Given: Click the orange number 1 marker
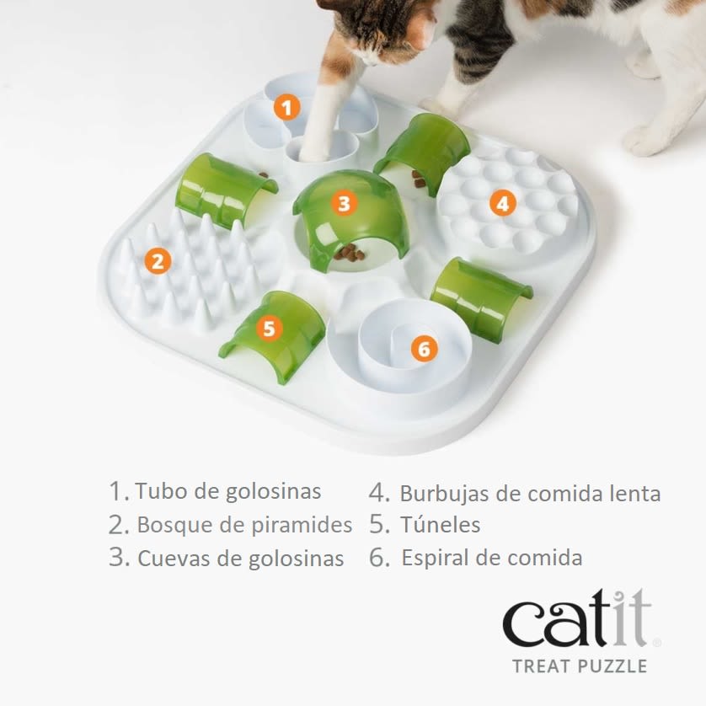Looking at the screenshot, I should [x=286, y=108].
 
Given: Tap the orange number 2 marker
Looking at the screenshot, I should [x=156, y=260].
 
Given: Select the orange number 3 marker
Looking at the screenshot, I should [x=342, y=203].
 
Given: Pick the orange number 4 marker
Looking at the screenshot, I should [x=502, y=203].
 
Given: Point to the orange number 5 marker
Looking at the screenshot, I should [x=268, y=328].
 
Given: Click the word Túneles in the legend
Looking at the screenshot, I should [x=439, y=525].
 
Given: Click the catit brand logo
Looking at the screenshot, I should [x=577, y=619].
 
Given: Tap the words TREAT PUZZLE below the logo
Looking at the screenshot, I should [x=579, y=666].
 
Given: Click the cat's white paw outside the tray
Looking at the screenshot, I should [x=644, y=139].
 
